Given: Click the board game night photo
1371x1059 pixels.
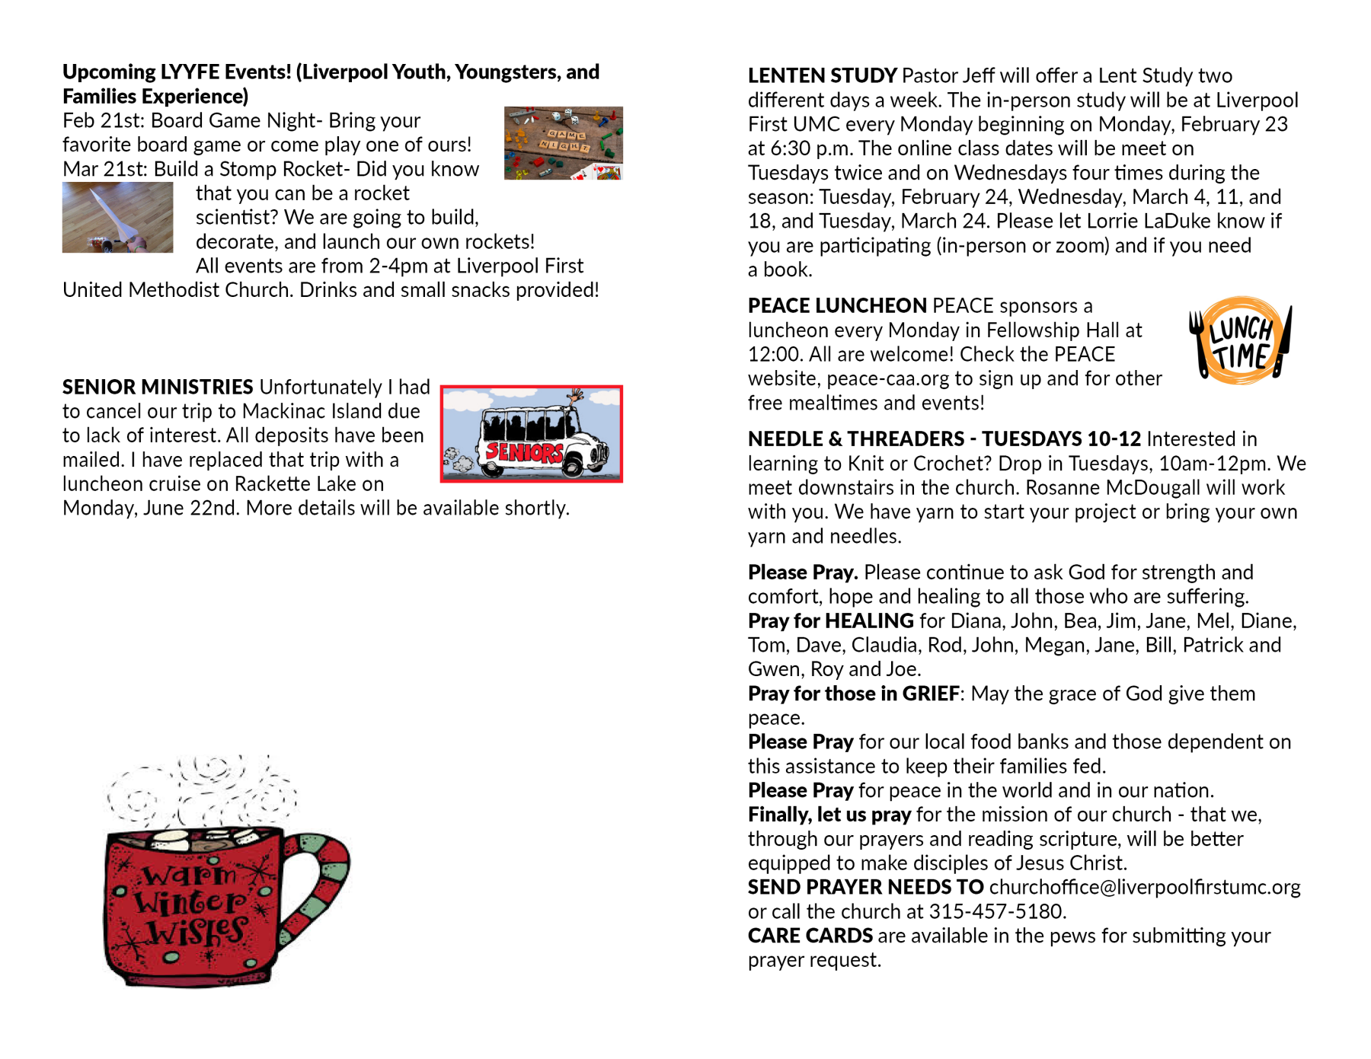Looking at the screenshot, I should [x=563, y=143].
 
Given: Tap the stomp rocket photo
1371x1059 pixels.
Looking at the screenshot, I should [x=117, y=217].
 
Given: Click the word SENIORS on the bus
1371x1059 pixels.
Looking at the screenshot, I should [x=524, y=452].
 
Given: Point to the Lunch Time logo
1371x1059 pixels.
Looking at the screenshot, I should [x=1241, y=340].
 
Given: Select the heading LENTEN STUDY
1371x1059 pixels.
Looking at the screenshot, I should [x=822, y=76].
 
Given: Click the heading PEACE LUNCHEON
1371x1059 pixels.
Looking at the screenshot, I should [x=836, y=306].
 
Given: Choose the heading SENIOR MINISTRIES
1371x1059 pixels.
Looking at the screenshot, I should [x=158, y=388].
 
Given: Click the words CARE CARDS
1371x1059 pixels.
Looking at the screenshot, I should [x=810, y=936].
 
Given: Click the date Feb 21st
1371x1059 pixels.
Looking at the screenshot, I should [x=103, y=121].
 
